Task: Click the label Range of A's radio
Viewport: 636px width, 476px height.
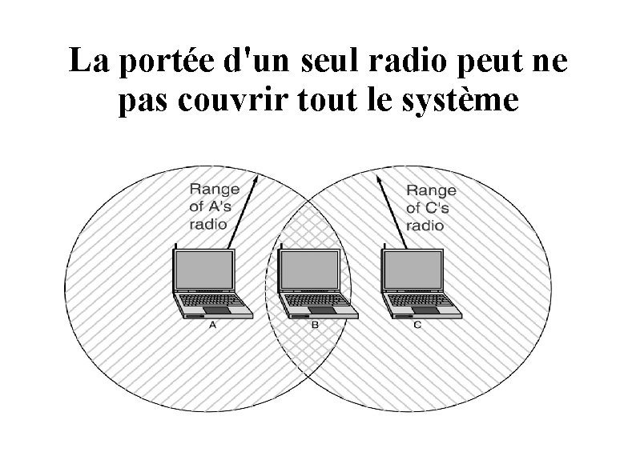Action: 214,206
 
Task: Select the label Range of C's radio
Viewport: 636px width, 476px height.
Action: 431,207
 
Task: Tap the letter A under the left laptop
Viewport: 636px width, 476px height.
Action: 213,326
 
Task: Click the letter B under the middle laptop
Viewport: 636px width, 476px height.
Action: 315,326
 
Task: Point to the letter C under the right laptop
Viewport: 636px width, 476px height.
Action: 417,326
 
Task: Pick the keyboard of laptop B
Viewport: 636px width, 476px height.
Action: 314,301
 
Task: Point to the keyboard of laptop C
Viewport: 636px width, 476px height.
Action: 417,301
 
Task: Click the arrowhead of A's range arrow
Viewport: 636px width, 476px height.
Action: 256,178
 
